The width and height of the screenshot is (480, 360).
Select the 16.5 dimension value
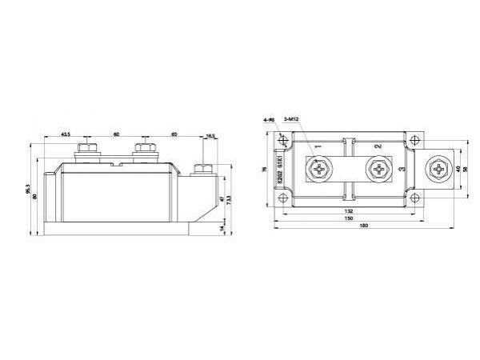(x=210, y=136)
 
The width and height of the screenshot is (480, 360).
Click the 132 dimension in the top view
(x=349, y=212)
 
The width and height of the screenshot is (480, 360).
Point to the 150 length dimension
(x=349, y=218)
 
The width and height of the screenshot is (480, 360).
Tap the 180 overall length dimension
(x=365, y=226)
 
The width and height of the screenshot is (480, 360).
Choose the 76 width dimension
(x=265, y=170)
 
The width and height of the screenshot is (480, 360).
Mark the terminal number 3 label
(x=401, y=170)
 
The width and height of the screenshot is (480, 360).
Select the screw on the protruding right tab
(x=439, y=170)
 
